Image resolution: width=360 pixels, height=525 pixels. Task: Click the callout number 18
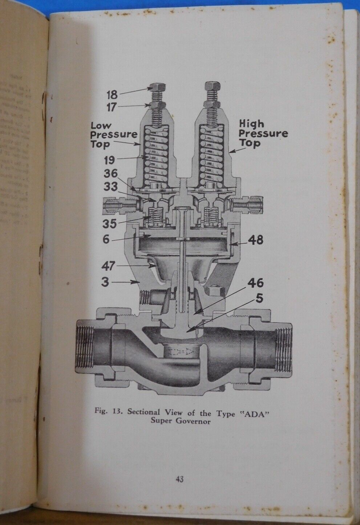pos(112,95)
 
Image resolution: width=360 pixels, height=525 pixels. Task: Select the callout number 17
pos(112,108)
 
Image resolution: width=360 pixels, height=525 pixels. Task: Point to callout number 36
pos(111,174)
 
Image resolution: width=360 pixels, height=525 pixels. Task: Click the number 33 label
pos(111,187)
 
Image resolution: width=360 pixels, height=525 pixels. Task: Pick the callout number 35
pos(109,223)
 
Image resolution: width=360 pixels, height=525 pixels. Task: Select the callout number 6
pos(106,240)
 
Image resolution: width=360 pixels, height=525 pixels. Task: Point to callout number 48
pos(255,240)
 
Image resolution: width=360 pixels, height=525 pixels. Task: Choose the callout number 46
pos(256,283)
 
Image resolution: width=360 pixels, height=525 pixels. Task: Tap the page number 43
pos(179,479)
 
